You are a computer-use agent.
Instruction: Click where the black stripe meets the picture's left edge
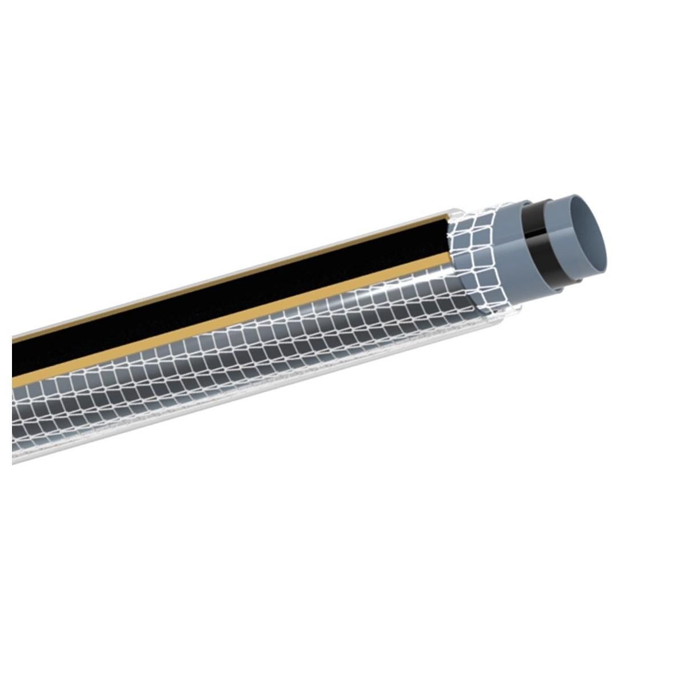coord(14,360)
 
